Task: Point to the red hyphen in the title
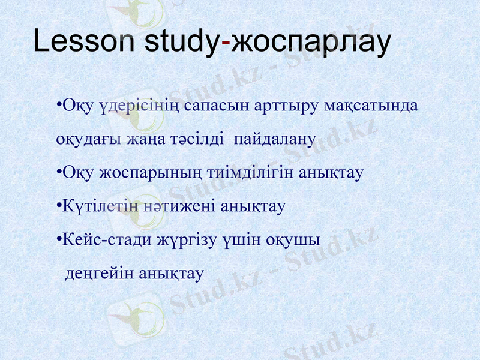click(226, 43)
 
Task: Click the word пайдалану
click(275, 140)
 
